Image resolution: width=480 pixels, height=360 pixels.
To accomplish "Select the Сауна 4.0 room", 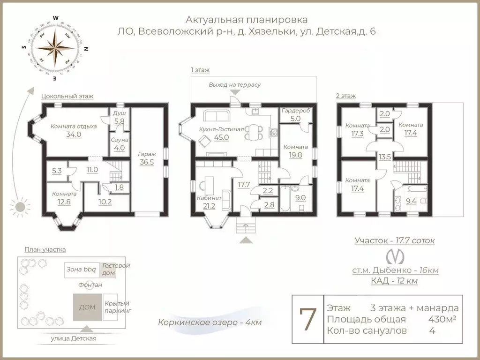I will (x=120, y=144).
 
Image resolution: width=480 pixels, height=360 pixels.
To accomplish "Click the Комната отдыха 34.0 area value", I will (x=74, y=134).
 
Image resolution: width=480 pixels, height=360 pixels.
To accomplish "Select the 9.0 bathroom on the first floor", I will (x=300, y=197).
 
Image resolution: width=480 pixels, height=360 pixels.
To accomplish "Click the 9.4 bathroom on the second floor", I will (x=411, y=202).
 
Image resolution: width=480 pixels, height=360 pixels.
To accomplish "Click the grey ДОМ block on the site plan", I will (x=87, y=307).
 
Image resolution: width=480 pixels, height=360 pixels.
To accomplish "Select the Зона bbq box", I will (x=82, y=270).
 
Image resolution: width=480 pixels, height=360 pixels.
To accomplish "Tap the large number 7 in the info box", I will (x=307, y=319).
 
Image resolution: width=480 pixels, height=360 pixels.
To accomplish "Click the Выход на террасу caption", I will (x=234, y=85).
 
